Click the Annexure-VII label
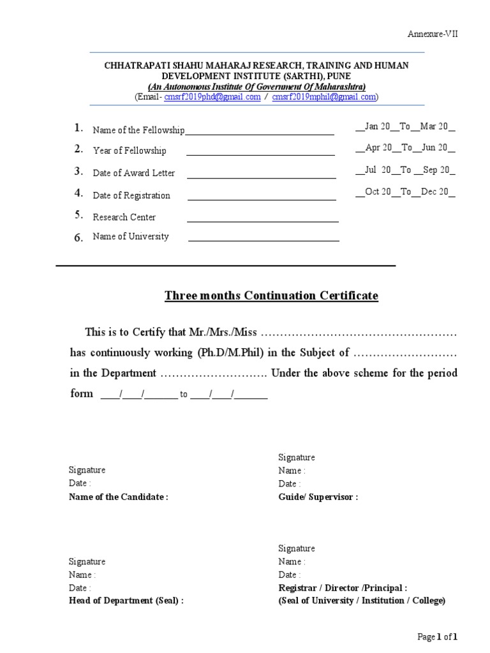point(433,34)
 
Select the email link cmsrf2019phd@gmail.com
point(212,97)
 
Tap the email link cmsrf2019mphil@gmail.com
point(324,97)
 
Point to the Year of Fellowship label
point(130,150)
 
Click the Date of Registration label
point(131,195)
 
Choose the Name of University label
point(131,237)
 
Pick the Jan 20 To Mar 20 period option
point(405,127)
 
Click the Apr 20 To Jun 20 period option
point(405,148)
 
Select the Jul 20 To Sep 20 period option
point(405,170)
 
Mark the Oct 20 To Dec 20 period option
point(405,192)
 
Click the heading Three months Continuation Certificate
point(271,296)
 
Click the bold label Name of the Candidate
point(118,497)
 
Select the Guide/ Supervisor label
point(318,497)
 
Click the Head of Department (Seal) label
point(126,601)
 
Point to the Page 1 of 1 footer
point(437,636)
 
